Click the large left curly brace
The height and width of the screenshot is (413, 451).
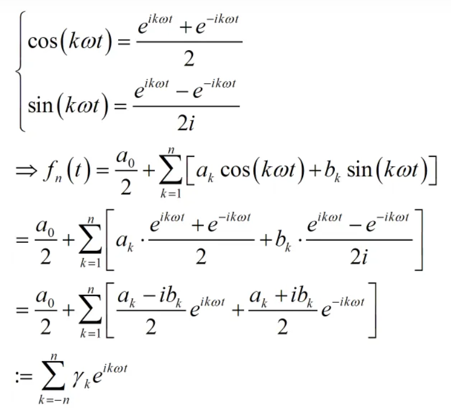pyautogui.click(x=21, y=72)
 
